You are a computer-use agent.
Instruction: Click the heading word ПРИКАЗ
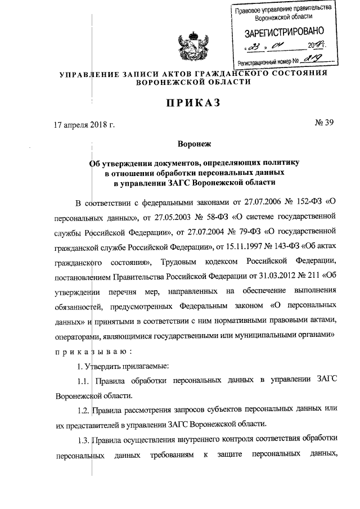[x=179, y=102]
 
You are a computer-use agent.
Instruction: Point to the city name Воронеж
[x=179, y=143]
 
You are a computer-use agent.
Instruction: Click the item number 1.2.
[x=84, y=409]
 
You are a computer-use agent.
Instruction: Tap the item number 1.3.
[x=84, y=438]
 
